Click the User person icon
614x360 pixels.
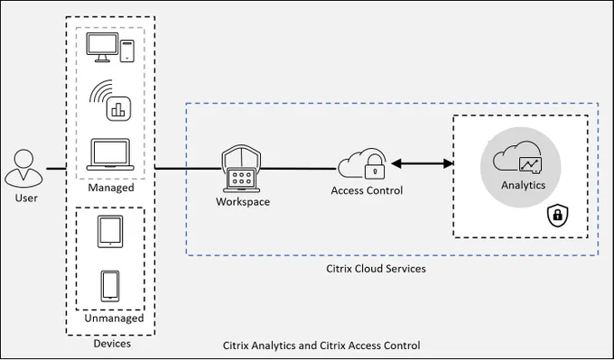point(23,168)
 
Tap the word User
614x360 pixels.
point(26,198)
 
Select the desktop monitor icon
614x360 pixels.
point(102,47)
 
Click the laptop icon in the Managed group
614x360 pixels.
point(110,154)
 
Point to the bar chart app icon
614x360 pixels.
point(118,108)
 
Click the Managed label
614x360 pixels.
point(111,188)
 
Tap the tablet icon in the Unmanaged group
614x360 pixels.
point(110,231)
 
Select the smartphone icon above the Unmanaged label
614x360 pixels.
point(110,286)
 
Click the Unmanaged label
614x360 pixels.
point(114,318)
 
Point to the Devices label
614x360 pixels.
point(112,344)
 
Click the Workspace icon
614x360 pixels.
point(241,168)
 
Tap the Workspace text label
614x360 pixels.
point(243,202)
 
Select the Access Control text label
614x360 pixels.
point(367,190)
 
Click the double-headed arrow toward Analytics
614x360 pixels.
point(423,163)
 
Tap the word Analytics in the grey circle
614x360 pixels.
point(523,185)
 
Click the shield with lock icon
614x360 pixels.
point(558,216)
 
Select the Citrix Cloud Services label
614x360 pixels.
point(376,269)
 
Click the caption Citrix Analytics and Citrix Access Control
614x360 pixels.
point(321,346)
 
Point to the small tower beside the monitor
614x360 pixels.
point(127,51)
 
